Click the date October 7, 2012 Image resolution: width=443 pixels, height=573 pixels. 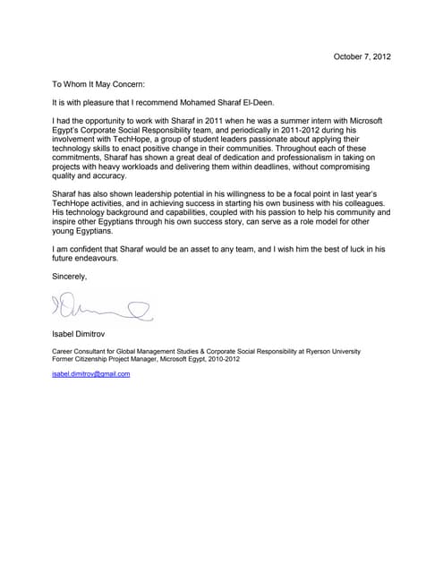(x=362, y=57)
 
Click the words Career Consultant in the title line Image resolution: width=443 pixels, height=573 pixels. (x=82, y=353)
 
